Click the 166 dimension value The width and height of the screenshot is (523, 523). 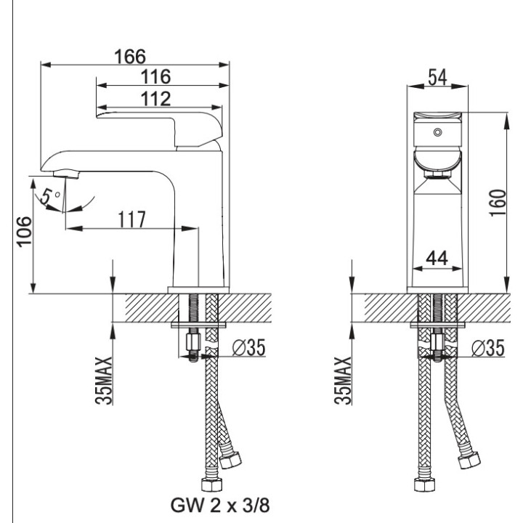(x=131, y=56)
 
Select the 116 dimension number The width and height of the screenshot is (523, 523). (x=155, y=76)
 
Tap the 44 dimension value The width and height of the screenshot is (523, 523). (x=437, y=257)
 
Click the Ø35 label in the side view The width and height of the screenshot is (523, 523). (x=247, y=349)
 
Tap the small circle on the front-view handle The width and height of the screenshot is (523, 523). (x=437, y=133)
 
